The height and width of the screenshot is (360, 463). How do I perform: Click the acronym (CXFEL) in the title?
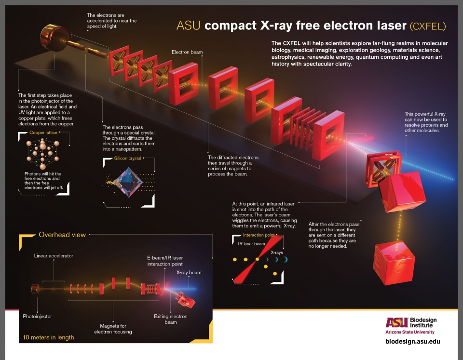point(428,26)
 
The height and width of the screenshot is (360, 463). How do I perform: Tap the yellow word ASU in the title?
point(189,26)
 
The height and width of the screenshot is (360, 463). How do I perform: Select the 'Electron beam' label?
point(187,52)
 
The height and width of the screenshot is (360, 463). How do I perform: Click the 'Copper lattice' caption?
point(43,133)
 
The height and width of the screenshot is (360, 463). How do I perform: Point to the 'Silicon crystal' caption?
point(127,158)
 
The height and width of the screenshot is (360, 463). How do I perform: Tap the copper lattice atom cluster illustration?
point(43,153)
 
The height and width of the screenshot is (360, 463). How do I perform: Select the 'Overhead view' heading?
point(62,235)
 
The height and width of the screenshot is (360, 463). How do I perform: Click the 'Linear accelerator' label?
point(54,256)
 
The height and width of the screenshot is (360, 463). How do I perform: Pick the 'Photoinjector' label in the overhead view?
point(37,316)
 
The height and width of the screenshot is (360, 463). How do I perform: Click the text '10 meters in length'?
point(48,337)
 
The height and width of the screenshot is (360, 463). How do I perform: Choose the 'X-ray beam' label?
point(189,273)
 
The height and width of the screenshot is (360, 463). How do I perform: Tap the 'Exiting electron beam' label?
point(171,320)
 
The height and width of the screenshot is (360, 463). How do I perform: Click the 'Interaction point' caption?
point(259,235)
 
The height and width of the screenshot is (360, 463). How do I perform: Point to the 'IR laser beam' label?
point(252,244)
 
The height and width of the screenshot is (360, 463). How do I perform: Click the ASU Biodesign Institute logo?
point(411,326)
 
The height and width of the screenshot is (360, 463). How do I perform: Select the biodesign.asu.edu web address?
point(413,341)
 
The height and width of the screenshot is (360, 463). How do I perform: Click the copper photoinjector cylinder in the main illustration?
point(54,39)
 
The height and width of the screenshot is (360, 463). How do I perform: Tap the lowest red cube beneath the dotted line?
point(394,263)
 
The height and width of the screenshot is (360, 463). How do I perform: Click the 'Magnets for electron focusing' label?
point(113,329)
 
